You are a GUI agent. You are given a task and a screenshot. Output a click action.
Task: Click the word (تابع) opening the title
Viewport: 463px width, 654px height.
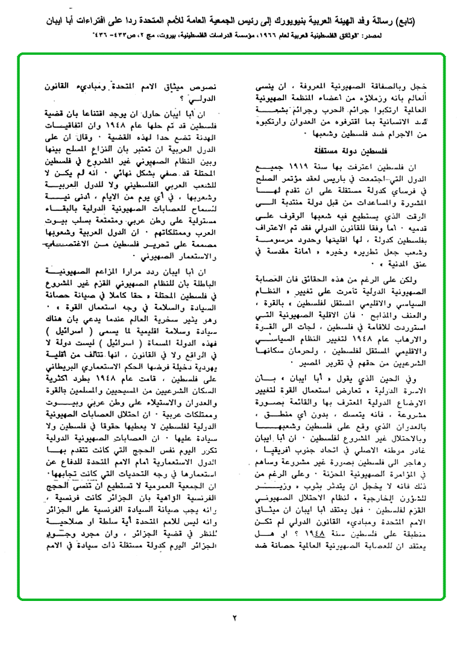[x=443, y=22]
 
